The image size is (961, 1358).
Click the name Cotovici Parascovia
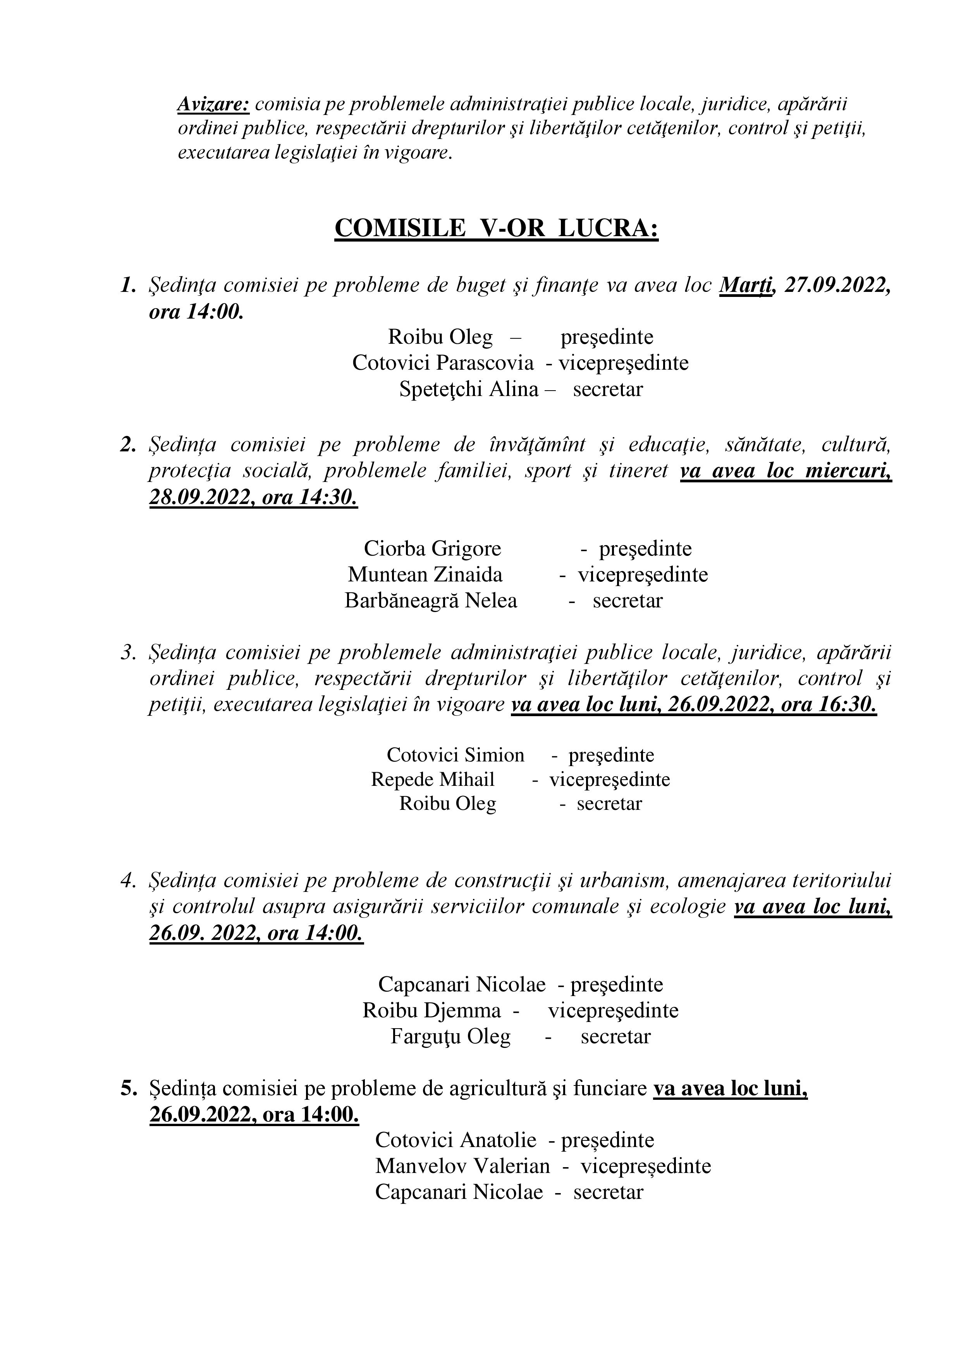(x=443, y=363)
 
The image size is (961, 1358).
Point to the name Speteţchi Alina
(x=469, y=389)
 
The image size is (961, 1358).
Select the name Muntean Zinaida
(x=425, y=574)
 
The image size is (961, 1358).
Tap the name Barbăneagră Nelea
(x=431, y=600)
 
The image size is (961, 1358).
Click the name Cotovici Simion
(x=455, y=755)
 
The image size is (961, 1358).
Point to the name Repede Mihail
(x=433, y=780)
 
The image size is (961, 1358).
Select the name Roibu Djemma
(x=432, y=1010)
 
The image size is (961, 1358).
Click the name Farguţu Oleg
(x=450, y=1036)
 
